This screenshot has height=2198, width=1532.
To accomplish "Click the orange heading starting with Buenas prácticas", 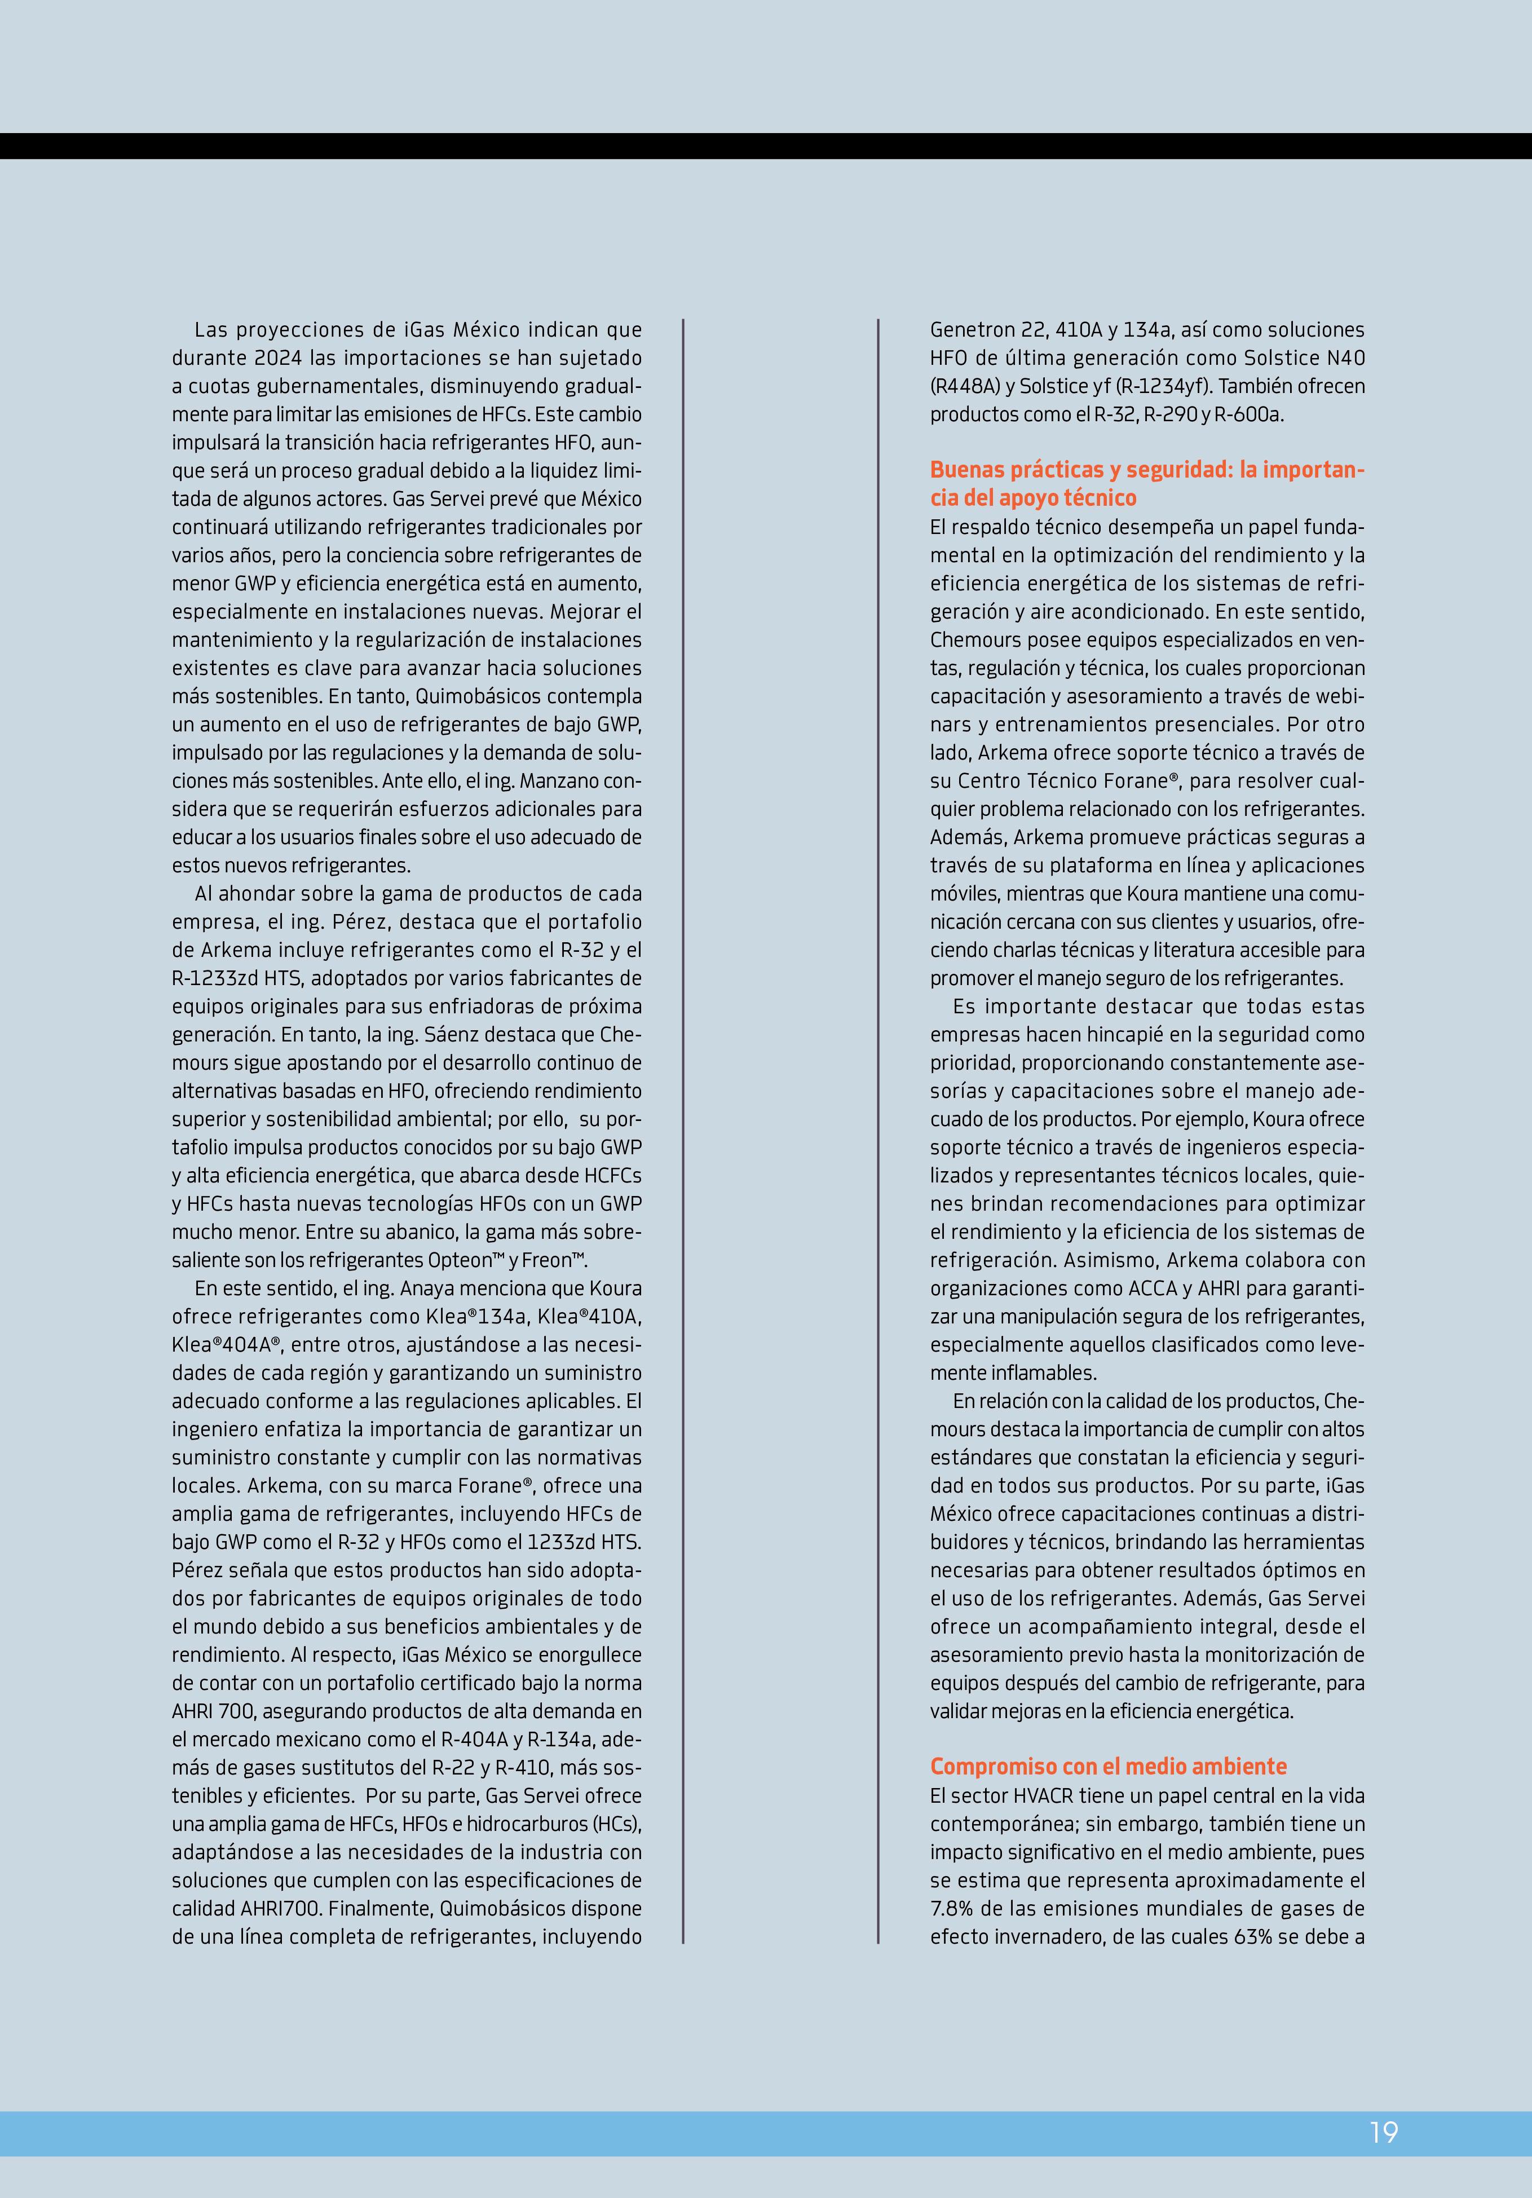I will [1147, 483].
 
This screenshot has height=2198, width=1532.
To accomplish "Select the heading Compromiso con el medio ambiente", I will [1109, 1766].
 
